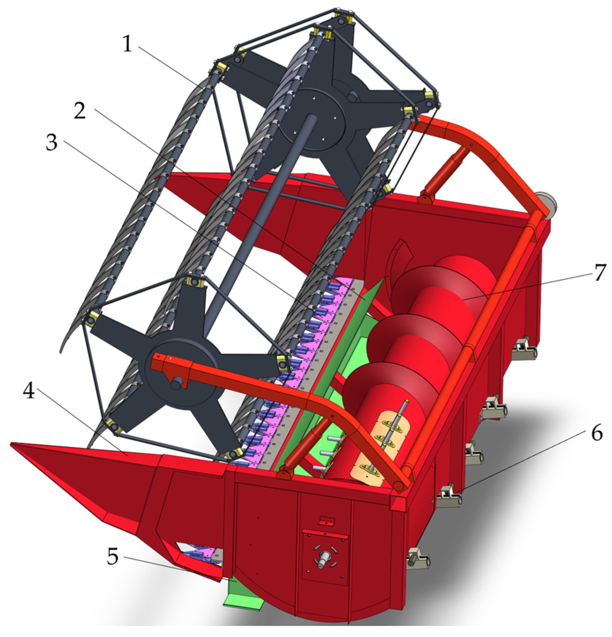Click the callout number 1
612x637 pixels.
[127, 44]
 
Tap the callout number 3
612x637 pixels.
[51, 142]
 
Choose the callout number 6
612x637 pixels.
[596, 433]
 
